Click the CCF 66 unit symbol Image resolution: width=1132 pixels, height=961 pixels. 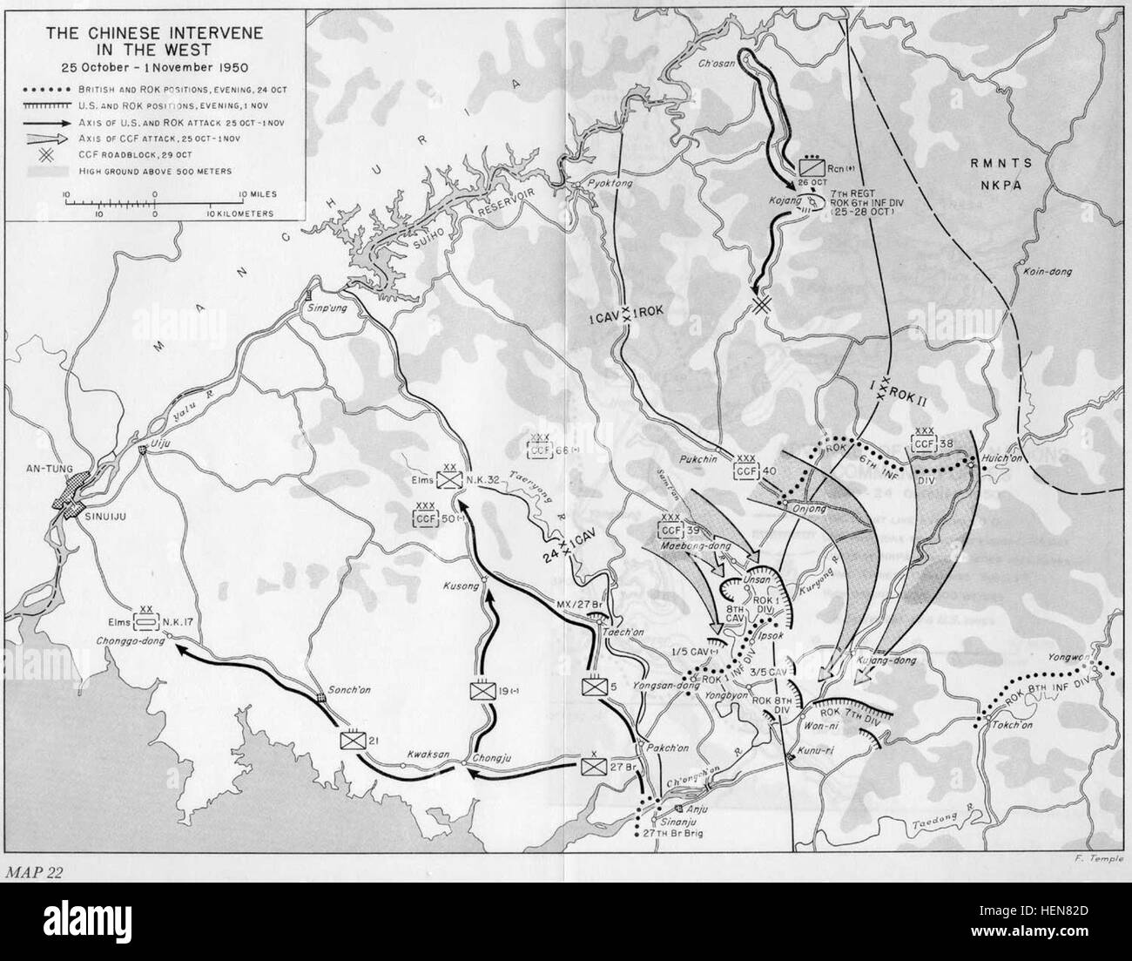click(x=542, y=449)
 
